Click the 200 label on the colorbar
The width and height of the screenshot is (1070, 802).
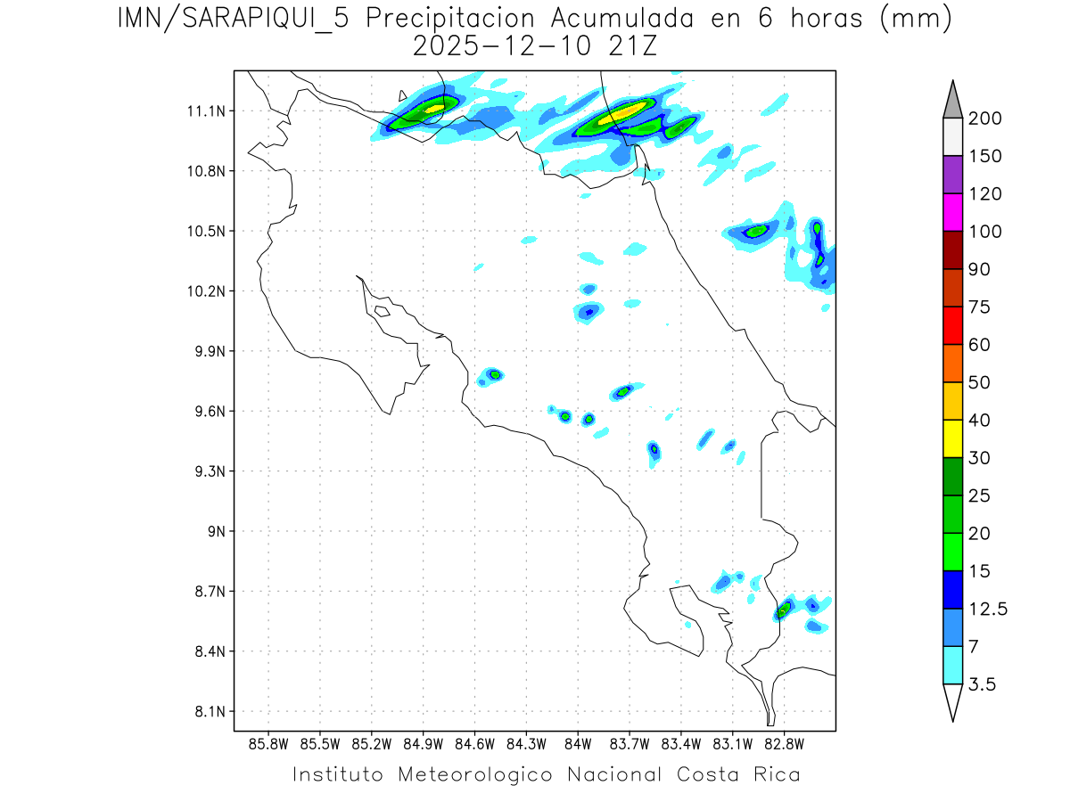pos(984,119)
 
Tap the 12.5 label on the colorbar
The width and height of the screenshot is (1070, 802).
pos(988,609)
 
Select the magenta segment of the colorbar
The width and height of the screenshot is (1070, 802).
pos(952,213)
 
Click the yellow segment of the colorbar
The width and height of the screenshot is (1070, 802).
pos(952,438)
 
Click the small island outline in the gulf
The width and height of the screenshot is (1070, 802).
pos(382,311)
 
